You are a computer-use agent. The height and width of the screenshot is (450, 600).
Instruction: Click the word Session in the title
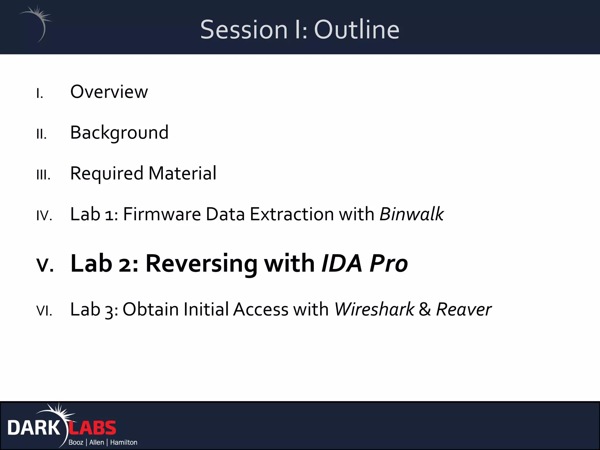pyautogui.click(x=244, y=30)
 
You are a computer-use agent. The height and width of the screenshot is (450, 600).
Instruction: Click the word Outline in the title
pyautogui.click(x=357, y=30)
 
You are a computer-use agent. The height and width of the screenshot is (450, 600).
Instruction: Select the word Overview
pyautogui.click(x=109, y=92)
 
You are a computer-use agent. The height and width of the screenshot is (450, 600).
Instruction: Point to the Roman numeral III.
pyautogui.click(x=43, y=175)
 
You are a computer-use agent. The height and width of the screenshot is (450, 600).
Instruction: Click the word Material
pyautogui.click(x=182, y=173)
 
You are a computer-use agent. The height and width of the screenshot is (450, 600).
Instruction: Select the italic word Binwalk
pyautogui.click(x=411, y=214)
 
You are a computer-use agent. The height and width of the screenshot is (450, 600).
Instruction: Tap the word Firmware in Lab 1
pyautogui.click(x=162, y=214)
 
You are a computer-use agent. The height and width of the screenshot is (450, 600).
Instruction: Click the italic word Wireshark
pyautogui.click(x=374, y=310)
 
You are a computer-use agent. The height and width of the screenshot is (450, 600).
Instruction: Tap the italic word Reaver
pyautogui.click(x=463, y=310)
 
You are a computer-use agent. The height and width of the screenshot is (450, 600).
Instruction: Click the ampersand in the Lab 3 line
pyautogui.click(x=425, y=310)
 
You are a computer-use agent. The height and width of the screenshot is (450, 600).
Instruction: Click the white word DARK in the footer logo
pyautogui.click(x=33, y=428)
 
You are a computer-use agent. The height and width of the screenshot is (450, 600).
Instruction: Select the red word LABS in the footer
pyautogui.click(x=93, y=428)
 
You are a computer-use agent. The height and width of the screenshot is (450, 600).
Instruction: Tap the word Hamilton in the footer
pyautogui.click(x=123, y=442)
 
